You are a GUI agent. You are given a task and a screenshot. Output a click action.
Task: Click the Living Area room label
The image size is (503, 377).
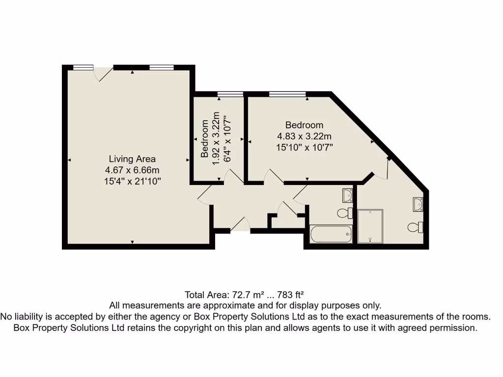tap(132, 159)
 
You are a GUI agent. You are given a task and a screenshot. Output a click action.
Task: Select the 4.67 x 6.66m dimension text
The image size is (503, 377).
tap(132, 170)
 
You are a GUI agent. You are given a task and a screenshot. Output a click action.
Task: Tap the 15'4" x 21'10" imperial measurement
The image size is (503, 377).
tap(132, 181)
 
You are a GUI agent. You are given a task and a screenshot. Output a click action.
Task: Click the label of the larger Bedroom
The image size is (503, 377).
tap(304, 125)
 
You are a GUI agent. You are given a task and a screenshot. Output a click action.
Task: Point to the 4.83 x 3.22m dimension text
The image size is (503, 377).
tap(304, 136)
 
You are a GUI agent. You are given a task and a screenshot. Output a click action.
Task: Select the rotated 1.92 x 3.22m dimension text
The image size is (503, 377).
tap(215, 138)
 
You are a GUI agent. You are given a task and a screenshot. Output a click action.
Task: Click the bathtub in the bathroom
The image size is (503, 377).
tap(331, 235)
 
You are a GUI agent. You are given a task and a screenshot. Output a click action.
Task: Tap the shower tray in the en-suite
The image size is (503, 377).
tap(370, 226)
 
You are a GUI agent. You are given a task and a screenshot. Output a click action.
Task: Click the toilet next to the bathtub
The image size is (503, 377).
tap(345, 214)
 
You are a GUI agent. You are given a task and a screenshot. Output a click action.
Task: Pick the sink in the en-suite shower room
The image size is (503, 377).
tap(419, 204)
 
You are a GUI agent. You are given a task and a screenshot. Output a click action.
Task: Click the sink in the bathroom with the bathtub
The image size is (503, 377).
tap(347, 195)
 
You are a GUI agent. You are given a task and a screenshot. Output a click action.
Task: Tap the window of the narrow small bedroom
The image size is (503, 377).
tap(230, 94)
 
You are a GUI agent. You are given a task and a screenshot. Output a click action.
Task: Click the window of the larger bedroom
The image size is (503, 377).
tap(287, 94)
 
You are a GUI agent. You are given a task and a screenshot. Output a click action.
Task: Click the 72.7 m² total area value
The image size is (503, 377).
tap(248, 295)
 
